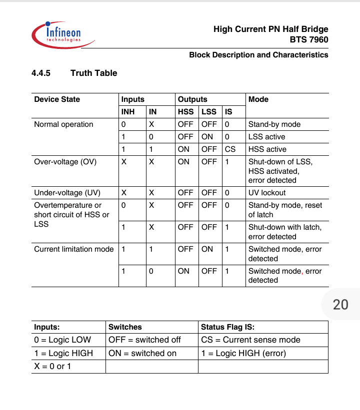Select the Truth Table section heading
click(x=93, y=73)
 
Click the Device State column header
click(x=57, y=99)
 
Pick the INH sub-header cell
click(x=128, y=112)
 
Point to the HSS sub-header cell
click(x=186, y=112)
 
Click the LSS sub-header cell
click(x=209, y=112)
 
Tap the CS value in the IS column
click(x=230, y=149)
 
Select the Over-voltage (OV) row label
click(x=65, y=162)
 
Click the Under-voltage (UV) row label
click(x=67, y=193)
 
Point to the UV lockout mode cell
click(x=267, y=193)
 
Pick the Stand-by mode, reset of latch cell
click(x=285, y=210)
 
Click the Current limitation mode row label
click(x=74, y=249)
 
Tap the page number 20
click(x=340, y=305)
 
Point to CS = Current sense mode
click(x=250, y=340)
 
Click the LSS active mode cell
click(x=267, y=137)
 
